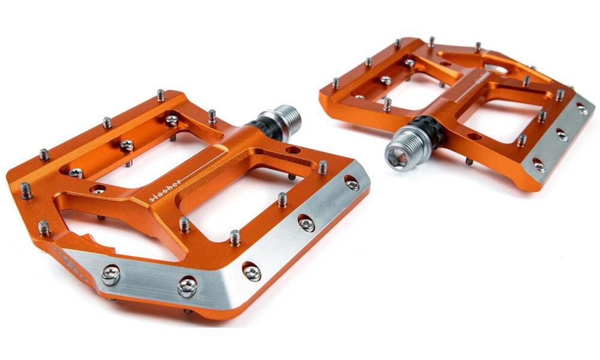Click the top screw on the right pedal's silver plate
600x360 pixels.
coord(581,109)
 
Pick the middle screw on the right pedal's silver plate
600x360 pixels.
coord(563,135)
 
